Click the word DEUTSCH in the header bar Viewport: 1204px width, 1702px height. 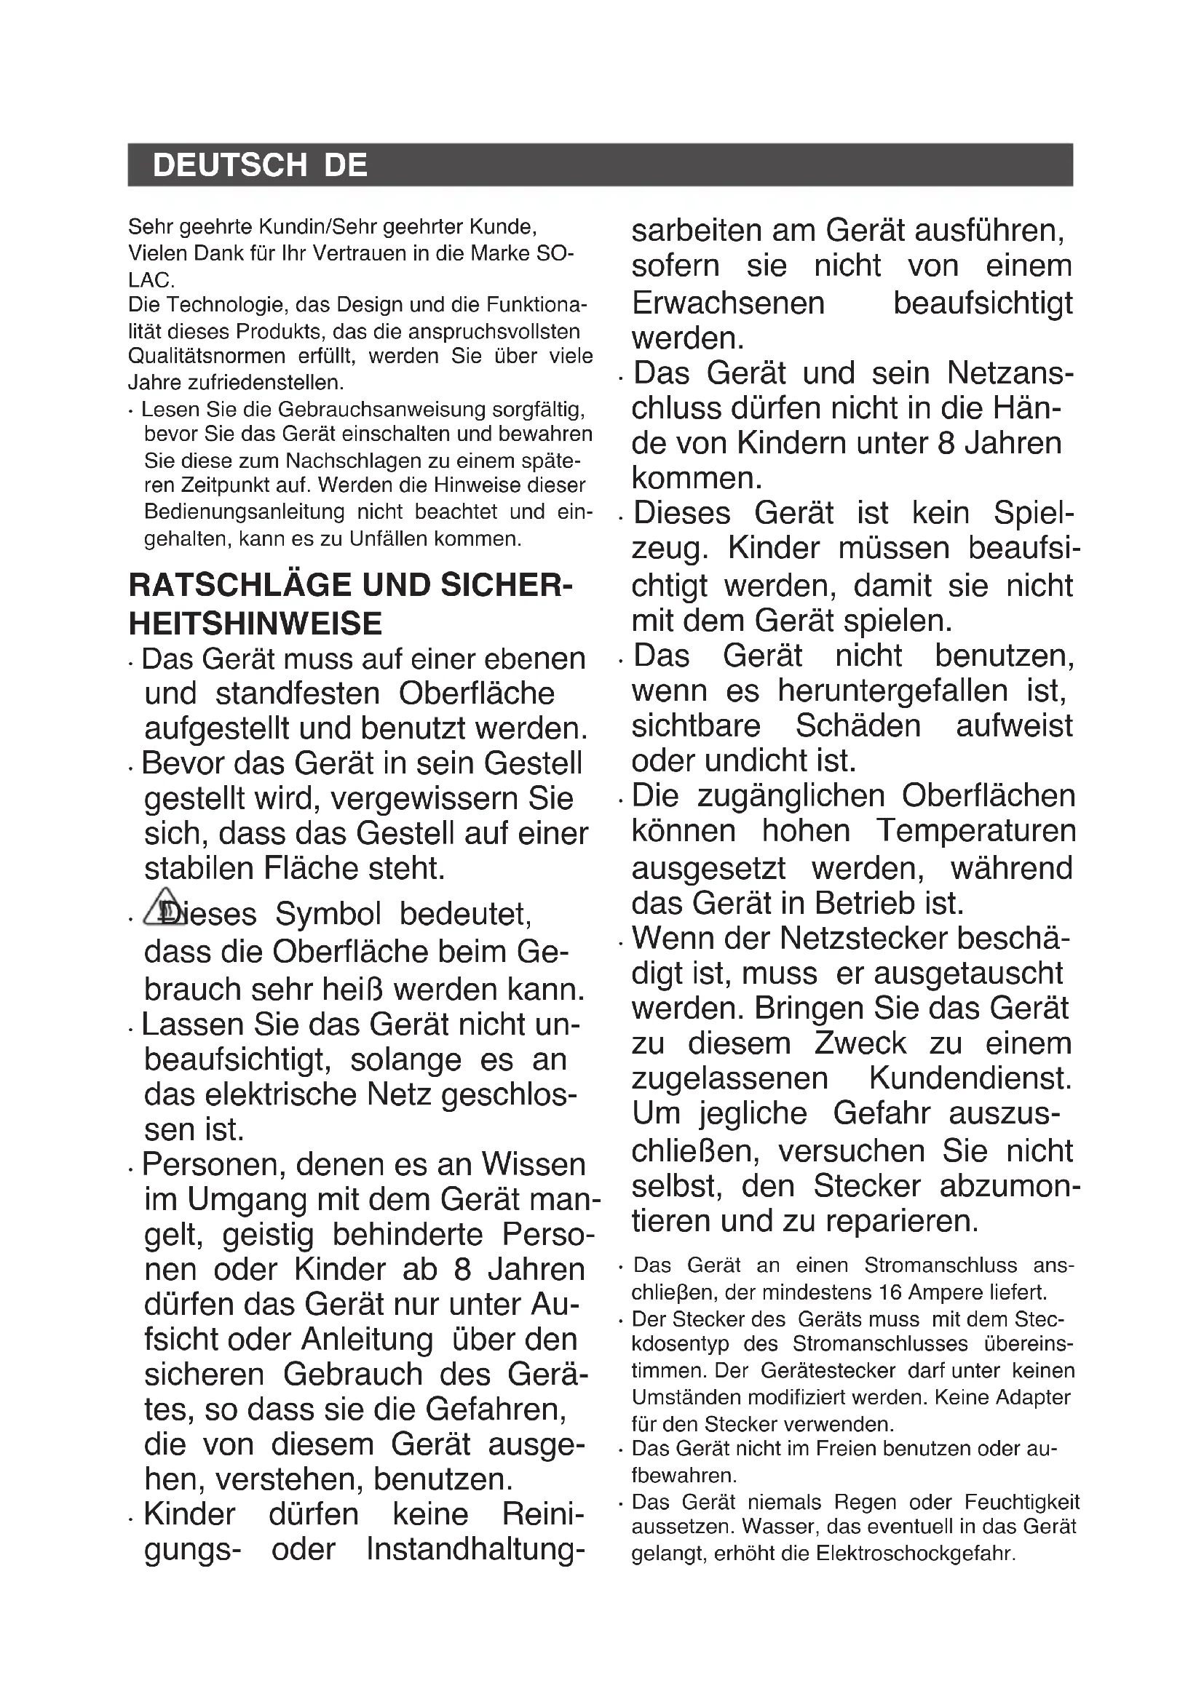(x=229, y=164)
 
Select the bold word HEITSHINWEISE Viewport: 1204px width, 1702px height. (x=255, y=624)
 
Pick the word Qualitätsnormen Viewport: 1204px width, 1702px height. (x=207, y=357)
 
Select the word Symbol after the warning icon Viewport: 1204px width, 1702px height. (x=328, y=914)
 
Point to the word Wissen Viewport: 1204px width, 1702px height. (x=534, y=1164)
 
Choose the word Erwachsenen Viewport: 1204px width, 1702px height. (x=728, y=303)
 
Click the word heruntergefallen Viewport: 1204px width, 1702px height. (x=892, y=691)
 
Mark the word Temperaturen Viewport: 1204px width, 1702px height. (x=975, y=831)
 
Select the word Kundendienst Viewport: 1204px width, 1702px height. (x=970, y=1078)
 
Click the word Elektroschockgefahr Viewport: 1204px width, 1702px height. (x=915, y=1553)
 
